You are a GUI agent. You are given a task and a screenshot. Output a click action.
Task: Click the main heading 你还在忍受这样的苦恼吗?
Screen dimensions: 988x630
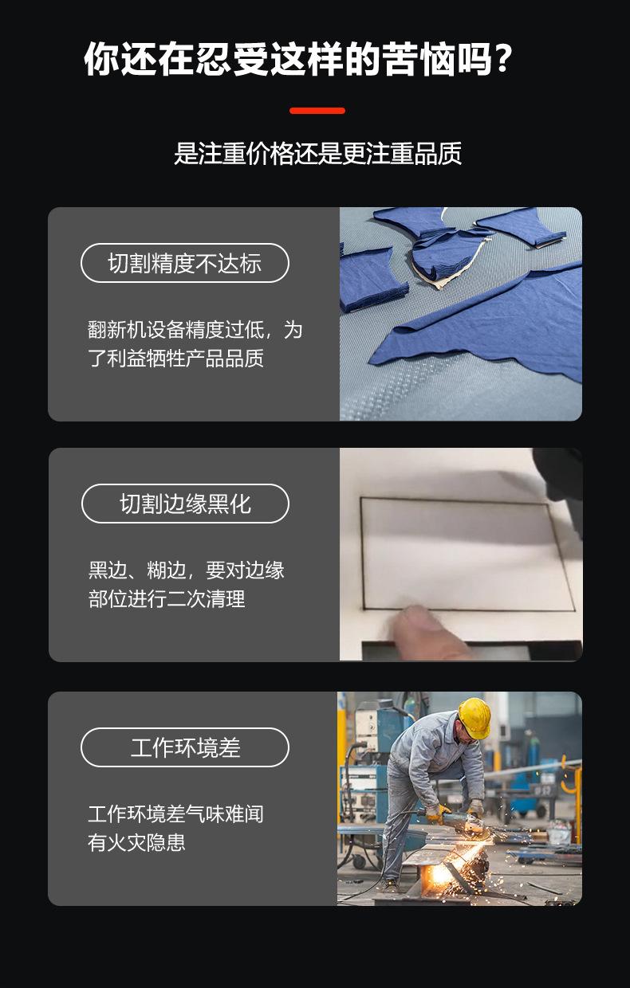297,61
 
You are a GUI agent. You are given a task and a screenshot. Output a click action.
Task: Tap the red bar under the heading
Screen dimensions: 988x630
317,111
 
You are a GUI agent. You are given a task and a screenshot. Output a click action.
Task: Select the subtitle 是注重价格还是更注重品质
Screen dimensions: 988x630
317,153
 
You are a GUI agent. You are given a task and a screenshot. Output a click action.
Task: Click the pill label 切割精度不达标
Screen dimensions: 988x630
184,263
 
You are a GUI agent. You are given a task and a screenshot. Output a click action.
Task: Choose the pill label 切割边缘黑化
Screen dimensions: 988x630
185,504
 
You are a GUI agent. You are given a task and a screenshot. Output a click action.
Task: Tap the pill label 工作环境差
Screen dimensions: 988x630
185,747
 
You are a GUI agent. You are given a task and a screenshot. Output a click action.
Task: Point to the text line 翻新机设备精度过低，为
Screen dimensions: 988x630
195,330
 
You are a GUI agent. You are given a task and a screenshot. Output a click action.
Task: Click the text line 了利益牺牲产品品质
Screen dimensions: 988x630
175,359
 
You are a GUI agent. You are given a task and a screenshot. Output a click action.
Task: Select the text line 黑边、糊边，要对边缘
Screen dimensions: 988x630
186,570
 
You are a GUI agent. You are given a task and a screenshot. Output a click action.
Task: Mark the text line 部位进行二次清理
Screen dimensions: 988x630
167,599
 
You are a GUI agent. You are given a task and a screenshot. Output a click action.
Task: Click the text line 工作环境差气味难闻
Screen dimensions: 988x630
175,814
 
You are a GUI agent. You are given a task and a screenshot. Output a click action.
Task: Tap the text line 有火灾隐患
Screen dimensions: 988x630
136,843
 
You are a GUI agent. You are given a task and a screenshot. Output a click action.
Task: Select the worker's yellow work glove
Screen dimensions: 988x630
437,813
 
